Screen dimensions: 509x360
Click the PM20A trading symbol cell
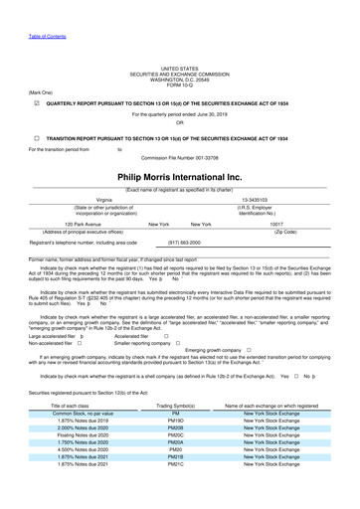[x=175, y=473]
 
